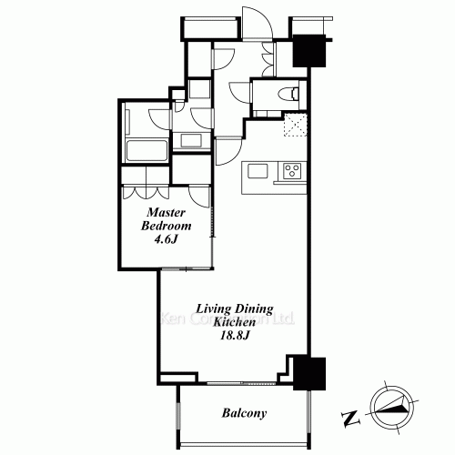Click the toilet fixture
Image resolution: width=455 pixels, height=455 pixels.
(x=290, y=94)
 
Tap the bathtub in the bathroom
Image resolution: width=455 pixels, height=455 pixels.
(x=147, y=150)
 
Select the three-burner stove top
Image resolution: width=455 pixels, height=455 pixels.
(x=292, y=171)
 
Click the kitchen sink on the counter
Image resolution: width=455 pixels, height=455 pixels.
(x=258, y=171)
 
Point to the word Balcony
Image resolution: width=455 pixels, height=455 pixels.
(x=244, y=413)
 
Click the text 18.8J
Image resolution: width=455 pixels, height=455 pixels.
(x=235, y=336)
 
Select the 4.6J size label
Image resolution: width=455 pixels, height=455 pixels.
(x=166, y=239)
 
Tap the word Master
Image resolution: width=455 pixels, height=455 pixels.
(x=166, y=212)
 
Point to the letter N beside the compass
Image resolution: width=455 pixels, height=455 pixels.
(x=350, y=419)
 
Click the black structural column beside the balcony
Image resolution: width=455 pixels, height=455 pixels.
(x=309, y=374)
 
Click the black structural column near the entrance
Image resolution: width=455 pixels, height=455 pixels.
(x=309, y=51)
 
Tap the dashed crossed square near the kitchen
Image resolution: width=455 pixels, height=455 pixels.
(x=296, y=125)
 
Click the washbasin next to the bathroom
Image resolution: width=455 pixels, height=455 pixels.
(x=191, y=140)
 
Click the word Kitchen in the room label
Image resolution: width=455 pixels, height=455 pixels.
(x=235, y=322)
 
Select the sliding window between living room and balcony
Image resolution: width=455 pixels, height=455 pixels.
(x=241, y=383)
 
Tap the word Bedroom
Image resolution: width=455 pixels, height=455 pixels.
(x=167, y=226)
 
